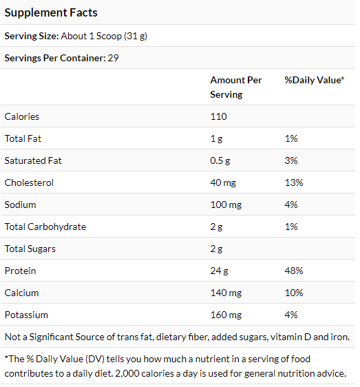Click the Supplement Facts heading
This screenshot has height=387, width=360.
tap(51, 13)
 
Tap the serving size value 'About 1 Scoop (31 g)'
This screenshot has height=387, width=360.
tap(104, 36)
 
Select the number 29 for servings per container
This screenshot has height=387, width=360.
tap(113, 58)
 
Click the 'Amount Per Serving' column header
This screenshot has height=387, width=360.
tap(235, 87)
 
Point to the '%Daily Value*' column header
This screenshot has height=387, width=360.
tap(314, 80)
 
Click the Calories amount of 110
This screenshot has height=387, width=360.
tap(218, 116)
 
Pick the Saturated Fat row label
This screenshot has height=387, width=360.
tap(33, 160)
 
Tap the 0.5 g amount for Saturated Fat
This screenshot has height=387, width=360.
tap(220, 161)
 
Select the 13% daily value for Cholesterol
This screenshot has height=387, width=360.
tap(294, 182)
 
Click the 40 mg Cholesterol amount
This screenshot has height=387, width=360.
tap(223, 183)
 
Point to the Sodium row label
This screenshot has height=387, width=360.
tap(20, 205)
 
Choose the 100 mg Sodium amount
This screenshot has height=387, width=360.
tap(226, 205)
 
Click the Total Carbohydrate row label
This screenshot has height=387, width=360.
tap(45, 227)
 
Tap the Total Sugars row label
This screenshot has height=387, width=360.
tap(30, 249)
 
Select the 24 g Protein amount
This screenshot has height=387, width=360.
tap(219, 271)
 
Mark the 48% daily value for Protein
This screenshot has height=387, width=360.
tap(294, 271)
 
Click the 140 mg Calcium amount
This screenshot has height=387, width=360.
tap(226, 293)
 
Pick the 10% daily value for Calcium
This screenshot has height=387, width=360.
tap(294, 293)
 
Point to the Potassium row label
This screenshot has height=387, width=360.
tap(26, 315)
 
